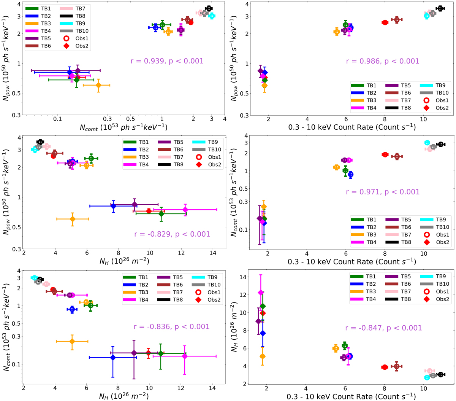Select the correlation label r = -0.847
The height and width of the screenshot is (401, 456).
383,328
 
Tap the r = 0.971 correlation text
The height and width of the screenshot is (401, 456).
383,192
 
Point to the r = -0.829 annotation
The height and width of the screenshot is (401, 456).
172,234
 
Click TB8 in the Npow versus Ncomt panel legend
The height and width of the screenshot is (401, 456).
80,16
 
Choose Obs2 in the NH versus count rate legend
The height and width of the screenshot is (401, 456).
442,299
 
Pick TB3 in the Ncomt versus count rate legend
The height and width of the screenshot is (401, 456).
371,235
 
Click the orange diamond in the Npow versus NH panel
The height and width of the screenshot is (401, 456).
73,219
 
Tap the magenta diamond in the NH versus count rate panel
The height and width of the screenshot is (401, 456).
261,293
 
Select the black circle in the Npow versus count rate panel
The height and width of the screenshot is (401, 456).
440,8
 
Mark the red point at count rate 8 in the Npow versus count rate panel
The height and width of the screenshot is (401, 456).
385,22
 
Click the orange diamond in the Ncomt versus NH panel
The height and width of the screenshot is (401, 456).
72,341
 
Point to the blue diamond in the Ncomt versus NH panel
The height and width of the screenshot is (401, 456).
113,357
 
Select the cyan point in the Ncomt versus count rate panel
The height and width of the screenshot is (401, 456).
427,143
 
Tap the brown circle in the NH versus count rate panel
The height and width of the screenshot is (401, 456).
397,366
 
